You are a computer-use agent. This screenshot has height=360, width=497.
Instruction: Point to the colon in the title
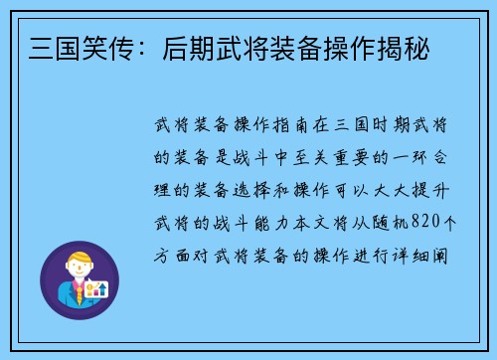click(123, 47)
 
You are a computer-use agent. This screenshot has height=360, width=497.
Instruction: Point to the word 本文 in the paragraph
click(311, 221)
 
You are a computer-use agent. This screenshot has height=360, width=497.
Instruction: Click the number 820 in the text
click(418, 221)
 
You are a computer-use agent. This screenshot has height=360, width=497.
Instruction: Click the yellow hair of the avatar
click(79, 260)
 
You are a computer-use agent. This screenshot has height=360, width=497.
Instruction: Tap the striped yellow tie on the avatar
click(76, 295)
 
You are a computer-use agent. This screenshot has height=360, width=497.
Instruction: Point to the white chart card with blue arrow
click(97, 289)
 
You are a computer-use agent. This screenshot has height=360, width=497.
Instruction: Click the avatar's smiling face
click(79, 271)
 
